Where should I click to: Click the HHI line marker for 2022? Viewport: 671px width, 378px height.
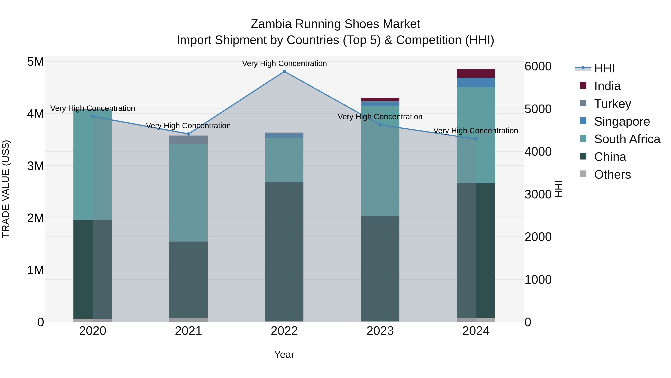point(284,71)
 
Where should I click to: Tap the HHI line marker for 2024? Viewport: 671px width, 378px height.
point(476,139)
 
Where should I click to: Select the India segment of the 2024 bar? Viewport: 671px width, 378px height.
point(476,74)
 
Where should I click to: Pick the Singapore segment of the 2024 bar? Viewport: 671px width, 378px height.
point(476,83)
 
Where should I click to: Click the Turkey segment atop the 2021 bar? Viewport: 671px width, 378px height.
point(188,140)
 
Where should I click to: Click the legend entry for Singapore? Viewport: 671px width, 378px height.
point(622,122)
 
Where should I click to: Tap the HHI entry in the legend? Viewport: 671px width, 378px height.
point(604,68)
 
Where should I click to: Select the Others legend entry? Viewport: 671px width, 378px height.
point(612,175)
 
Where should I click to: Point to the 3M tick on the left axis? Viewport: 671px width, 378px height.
point(35,166)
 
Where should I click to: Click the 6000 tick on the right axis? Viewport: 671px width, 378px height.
point(538,66)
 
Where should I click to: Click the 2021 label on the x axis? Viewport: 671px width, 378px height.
point(188,331)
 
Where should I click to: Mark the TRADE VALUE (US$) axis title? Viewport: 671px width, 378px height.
point(6,189)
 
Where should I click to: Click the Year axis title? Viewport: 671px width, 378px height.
point(284,354)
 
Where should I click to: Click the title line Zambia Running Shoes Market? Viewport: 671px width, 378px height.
point(335,24)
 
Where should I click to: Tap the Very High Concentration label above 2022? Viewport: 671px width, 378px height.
point(284,63)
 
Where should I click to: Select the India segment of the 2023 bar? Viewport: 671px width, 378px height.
point(380,99)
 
